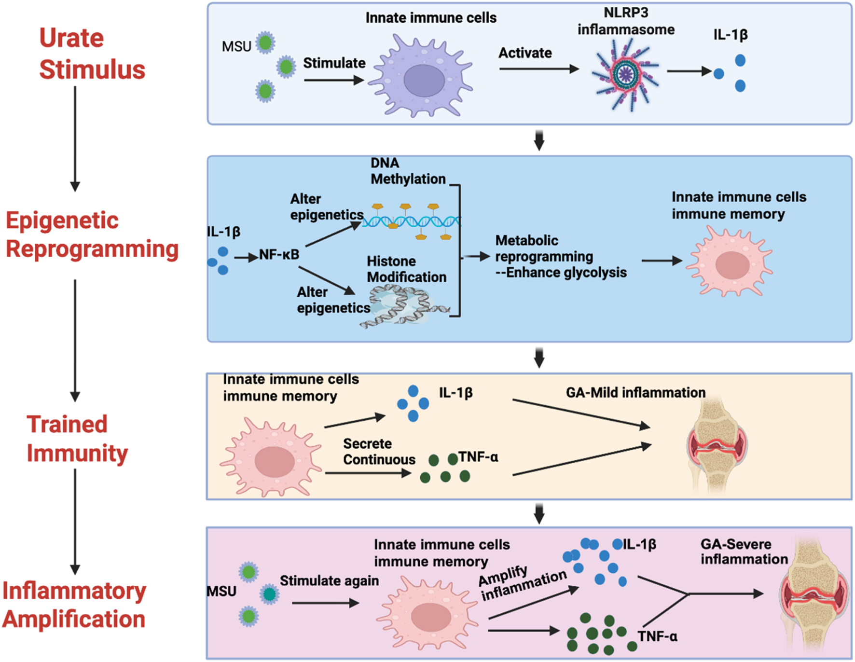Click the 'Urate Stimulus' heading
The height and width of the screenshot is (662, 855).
[x=92, y=54]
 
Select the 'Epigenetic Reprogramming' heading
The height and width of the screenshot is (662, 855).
[x=92, y=234]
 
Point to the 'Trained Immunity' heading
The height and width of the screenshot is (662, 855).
[x=77, y=439]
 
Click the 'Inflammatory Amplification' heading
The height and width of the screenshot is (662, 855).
[x=74, y=605]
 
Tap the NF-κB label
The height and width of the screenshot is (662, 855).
[x=279, y=254]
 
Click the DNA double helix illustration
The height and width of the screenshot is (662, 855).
[x=411, y=221]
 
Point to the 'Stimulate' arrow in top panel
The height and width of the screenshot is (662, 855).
[x=333, y=80]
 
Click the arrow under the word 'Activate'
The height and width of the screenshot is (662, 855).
[x=538, y=69]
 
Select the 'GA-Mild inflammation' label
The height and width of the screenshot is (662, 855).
[x=635, y=393]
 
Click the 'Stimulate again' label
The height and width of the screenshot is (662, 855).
[x=329, y=580]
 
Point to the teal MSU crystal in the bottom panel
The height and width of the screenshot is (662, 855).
[x=269, y=594]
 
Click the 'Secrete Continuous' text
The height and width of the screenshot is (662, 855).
[x=379, y=452]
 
